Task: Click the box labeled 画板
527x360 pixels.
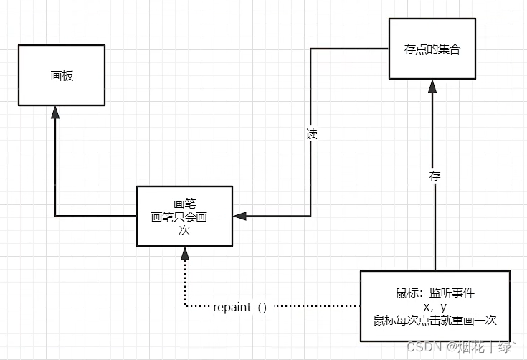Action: [62, 76]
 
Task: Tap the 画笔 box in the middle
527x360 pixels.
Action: [184, 216]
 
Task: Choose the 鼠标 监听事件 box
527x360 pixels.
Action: [435, 306]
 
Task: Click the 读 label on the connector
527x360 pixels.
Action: [311, 134]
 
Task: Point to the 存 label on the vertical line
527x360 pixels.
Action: [435, 175]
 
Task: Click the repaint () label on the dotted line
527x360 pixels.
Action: [240, 307]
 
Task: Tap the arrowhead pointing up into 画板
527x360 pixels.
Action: [55, 113]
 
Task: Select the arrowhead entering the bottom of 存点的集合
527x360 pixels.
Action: [432, 86]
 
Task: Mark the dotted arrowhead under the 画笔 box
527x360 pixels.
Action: [185, 252]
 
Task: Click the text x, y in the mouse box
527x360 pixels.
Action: [435, 306]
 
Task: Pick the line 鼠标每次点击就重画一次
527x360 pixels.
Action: [435, 320]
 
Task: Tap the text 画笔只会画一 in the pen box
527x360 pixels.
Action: [184, 217]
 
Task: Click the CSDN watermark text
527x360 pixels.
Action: [422, 347]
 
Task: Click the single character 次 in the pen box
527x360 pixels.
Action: [184, 230]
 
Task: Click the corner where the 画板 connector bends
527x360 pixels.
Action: [55, 216]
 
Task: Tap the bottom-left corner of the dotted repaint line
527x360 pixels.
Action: [185, 307]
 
